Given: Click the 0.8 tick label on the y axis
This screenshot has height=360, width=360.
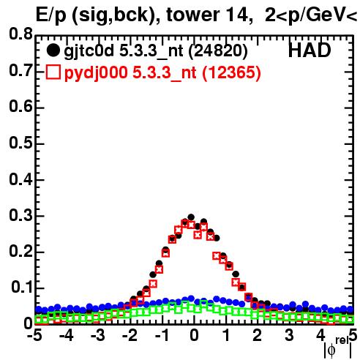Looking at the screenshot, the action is [20, 34].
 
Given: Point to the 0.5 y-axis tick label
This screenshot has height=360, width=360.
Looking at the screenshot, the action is [20, 143].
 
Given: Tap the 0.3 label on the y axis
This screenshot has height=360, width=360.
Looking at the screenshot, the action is [20, 215].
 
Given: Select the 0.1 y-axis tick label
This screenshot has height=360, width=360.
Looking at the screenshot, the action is [21, 288].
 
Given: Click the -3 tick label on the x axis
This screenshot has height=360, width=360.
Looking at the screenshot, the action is [98, 336].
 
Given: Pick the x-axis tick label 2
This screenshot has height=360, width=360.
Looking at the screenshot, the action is [258, 336].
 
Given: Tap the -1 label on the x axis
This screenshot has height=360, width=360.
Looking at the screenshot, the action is [162, 336].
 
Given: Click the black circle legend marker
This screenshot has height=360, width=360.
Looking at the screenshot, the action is [53, 50].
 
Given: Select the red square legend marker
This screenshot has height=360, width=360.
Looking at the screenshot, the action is [53, 72].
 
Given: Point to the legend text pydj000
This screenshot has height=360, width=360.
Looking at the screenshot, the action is [96, 73].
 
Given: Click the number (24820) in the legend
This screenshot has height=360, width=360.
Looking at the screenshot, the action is [218, 50].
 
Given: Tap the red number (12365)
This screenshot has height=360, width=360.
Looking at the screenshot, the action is [231, 72].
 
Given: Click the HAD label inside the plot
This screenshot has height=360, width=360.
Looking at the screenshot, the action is [310, 50].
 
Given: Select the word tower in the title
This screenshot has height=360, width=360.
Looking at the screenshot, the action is [191, 15].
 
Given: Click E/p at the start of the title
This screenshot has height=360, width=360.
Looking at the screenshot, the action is [51, 15].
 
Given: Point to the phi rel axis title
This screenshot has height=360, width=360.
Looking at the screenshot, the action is [337, 348].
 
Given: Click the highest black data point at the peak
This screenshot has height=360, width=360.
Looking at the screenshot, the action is [191, 217].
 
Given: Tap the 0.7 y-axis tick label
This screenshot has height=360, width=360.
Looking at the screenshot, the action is [20, 70].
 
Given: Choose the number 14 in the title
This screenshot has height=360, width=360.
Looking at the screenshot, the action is [236, 15].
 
